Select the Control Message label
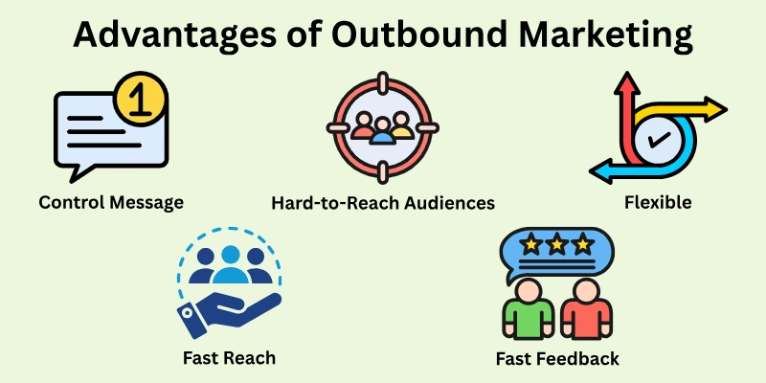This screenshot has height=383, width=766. coord(111,203)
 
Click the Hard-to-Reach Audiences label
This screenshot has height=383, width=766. coord(382,203)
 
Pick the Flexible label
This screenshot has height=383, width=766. coord(656,203)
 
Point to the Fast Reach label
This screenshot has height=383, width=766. coord(229,358)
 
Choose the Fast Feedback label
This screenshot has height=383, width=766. coord(557,358)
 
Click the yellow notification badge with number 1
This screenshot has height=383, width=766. coord(141,100)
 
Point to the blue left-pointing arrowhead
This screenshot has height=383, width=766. coord(600,171)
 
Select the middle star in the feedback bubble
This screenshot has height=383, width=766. coord(556,245)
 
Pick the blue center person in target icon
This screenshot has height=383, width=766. coord(382,131)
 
